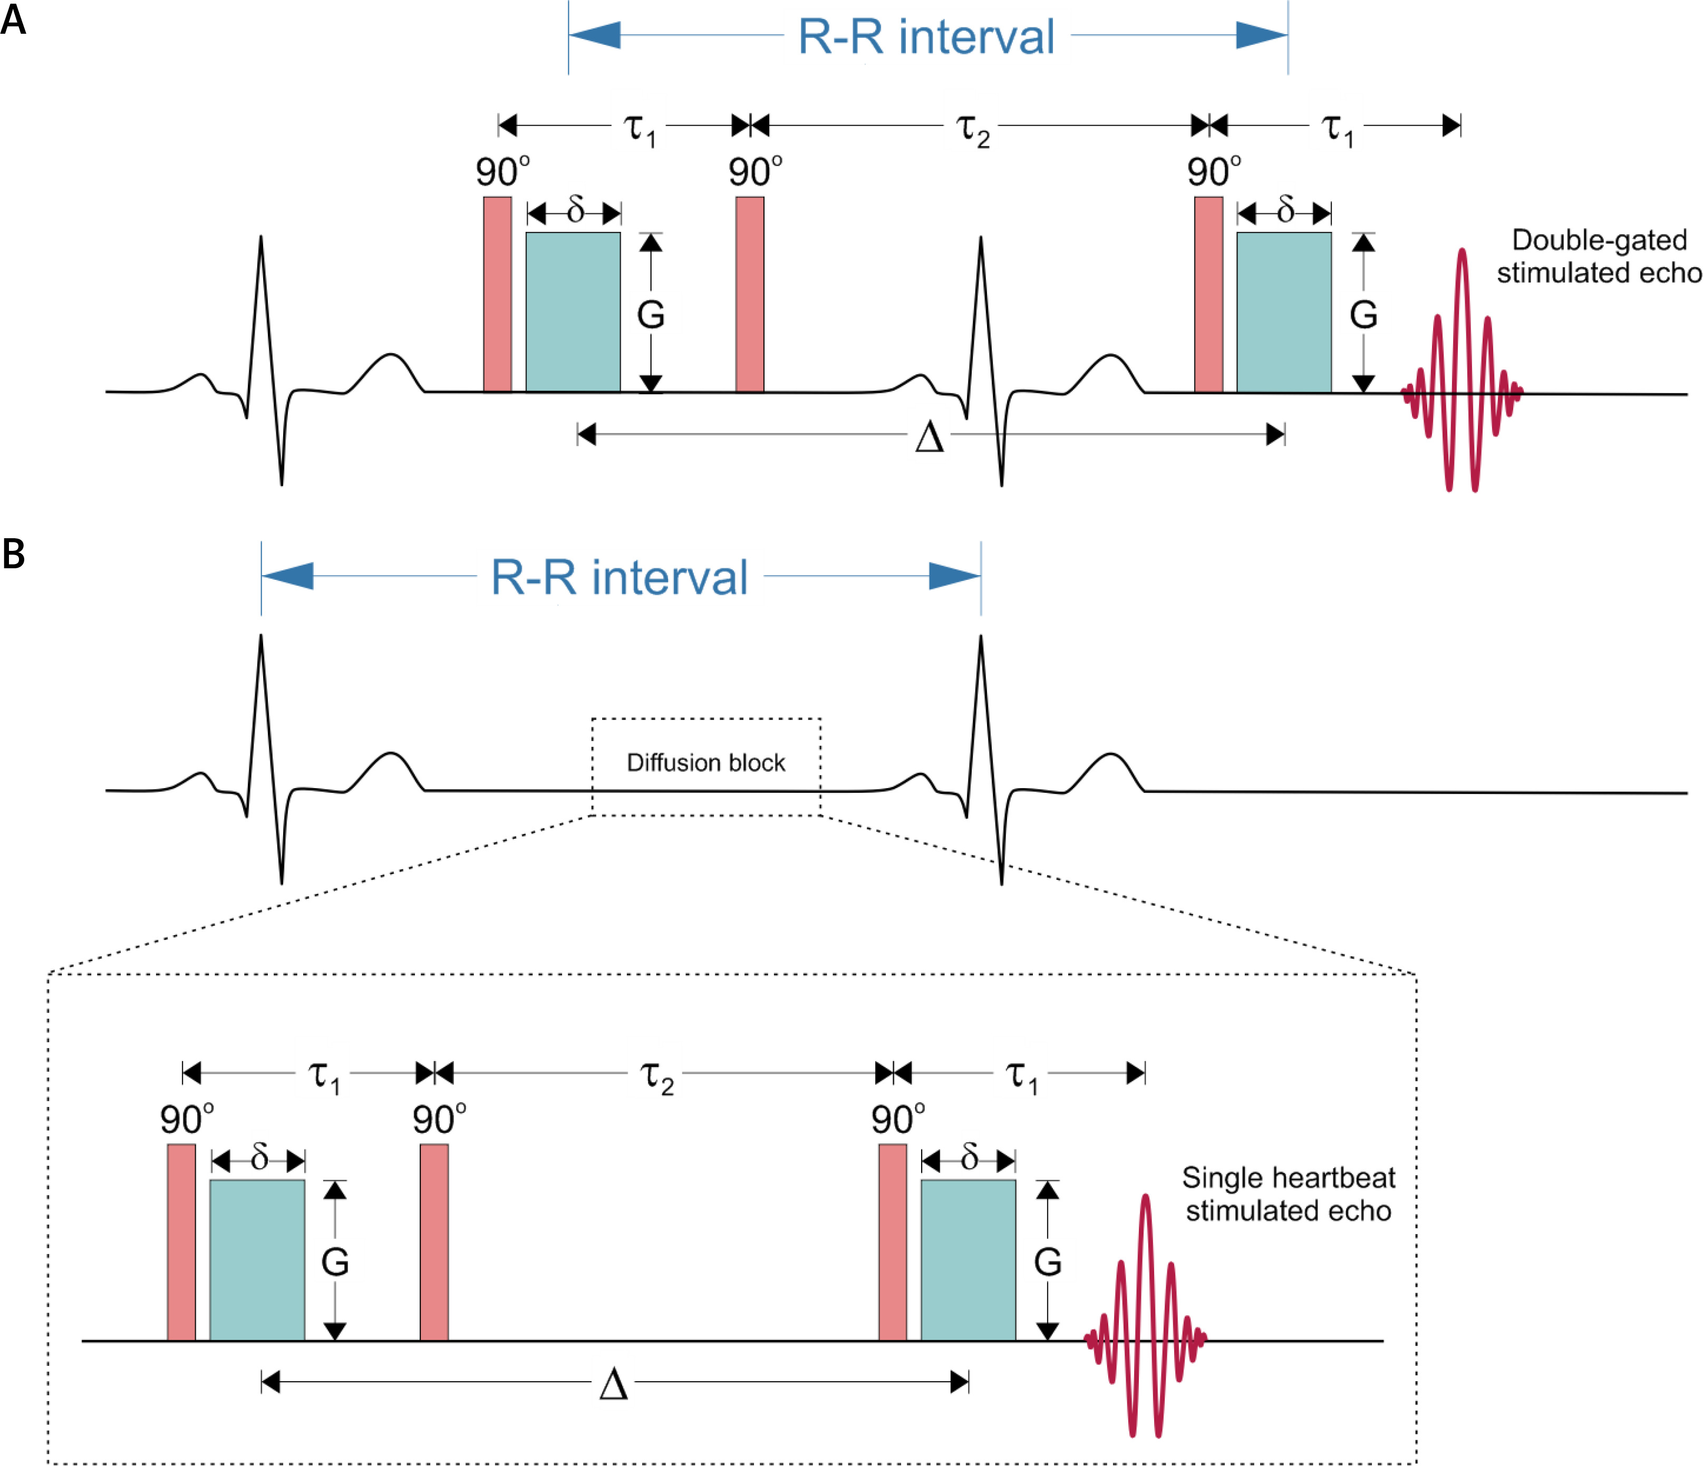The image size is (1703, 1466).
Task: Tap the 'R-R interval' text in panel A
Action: click(x=926, y=37)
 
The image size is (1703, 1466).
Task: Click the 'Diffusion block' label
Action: click(x=706, y=763)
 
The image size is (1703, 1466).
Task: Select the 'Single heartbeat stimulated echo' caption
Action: click(x=1288, y=1194)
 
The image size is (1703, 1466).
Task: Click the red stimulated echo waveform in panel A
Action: click(x=1462, y=370)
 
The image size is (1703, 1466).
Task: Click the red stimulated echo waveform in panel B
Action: click(x=1145, y=1315)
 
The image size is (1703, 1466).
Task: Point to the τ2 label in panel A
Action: click(x=972, y=130)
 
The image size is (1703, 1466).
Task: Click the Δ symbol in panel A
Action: click(x=930, y=437)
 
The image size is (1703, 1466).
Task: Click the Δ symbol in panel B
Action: click(x=613, y=1384)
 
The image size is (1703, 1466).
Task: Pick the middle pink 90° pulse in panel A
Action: click(x=750, y=294)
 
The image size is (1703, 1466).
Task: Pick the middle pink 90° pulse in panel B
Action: click(x=434, y=1241)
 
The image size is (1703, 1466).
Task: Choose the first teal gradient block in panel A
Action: click(x=573, y=312)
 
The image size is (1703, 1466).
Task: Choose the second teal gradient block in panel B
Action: click(x=967, y=1260)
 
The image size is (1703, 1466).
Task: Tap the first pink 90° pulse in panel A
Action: click(x=497, y=294)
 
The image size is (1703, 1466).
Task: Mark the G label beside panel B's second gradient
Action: click(x=1047, y=1261)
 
